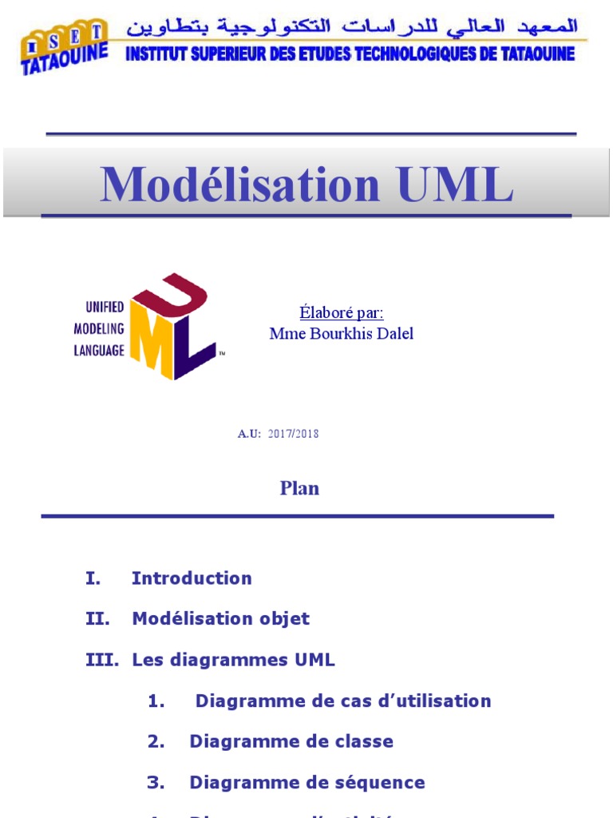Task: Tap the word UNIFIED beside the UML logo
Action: click(x=105, y=307)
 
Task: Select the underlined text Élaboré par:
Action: click(x=341, y=312)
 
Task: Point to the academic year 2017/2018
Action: click(x=293, y=434)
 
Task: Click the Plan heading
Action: click(x=299, y=488)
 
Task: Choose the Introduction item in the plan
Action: click(x=192, y=578)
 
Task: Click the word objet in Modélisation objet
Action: click(x=284, y=618)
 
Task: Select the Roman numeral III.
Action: click(x=101, y=660)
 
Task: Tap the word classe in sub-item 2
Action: click(x=364, y=741)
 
